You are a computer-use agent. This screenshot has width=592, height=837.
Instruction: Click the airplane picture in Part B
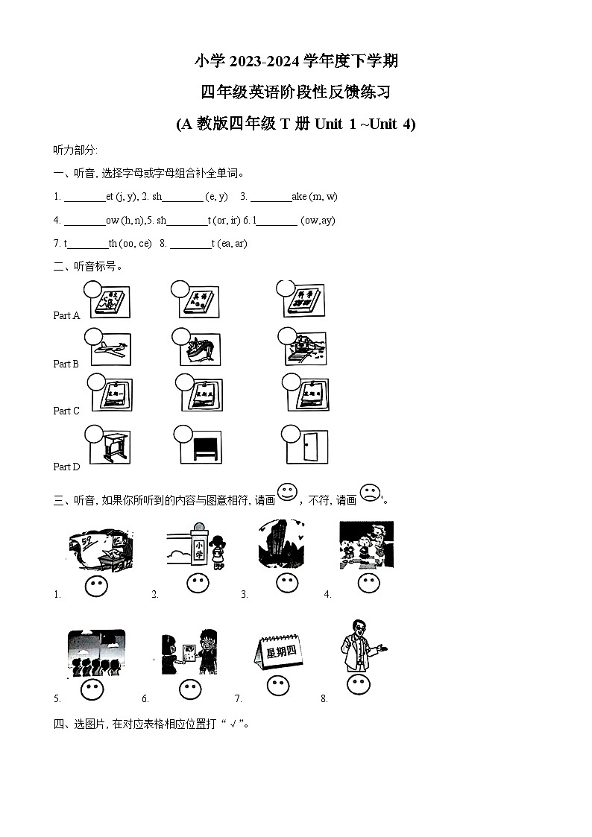(110, 349)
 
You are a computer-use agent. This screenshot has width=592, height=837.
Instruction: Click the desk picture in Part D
(110, 446)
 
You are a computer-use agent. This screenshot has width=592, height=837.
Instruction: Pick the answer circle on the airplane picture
(93, 335)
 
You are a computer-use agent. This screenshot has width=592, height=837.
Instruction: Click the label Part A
(66, 315)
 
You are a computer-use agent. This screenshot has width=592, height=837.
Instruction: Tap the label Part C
(66, 411)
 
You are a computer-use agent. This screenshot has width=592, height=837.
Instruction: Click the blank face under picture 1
(96, 586)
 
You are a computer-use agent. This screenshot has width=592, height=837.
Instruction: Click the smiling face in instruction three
(287, 493)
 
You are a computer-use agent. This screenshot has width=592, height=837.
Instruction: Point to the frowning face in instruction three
(370, 493)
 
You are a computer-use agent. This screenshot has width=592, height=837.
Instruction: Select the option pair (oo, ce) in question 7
(135, 243)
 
